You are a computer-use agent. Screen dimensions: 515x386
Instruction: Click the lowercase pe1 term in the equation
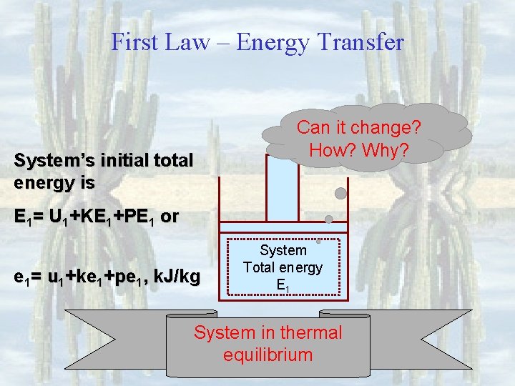[x=136, y=276]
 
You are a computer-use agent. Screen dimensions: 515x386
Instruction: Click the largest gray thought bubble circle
[x=341, y=193]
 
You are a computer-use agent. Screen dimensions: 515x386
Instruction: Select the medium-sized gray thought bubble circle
[x=329, y=219]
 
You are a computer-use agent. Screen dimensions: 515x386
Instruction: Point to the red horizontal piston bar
[x=283, y=227]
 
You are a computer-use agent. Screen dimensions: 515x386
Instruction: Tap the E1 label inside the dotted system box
[x=283, y=284]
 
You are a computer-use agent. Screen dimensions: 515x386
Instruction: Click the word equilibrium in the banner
[x=268, y=355]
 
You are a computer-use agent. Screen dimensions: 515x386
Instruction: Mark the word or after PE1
[x=170, y=217]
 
